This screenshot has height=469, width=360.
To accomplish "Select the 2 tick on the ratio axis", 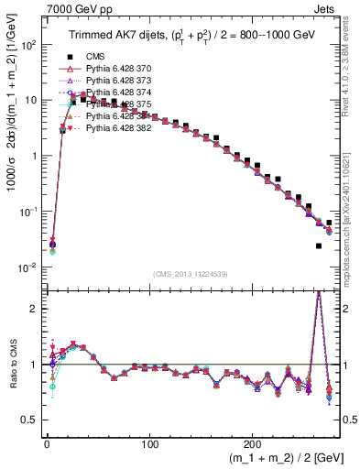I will coord(35,309).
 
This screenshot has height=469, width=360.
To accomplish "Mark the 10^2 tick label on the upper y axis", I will coord(27,44).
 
